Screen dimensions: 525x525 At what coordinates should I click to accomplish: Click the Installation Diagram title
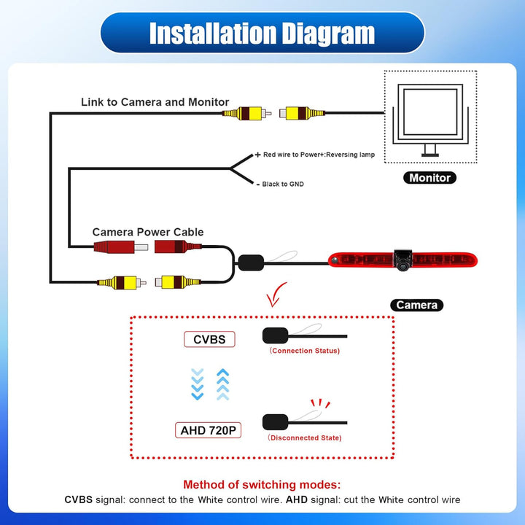click(x=262, y=33)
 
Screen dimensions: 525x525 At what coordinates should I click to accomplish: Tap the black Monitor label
click(x=429, y=178)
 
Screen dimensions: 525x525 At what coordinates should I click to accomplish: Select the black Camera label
click(x=416, y=305)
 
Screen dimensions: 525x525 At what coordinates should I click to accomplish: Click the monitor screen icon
click(x=431, y=120)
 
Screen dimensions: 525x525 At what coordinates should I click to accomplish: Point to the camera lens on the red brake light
click(x=402, y=266)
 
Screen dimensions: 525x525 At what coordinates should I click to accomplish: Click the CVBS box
click(x=209, y=340)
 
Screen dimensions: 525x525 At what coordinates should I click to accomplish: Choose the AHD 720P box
click(x=208, y=430)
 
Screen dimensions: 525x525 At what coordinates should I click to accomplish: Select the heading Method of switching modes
click(x=262, y=484)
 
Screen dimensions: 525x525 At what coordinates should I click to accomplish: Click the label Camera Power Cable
click(x=147, y=232)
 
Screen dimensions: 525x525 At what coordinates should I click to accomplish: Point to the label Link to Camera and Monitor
click(x=155, y=102)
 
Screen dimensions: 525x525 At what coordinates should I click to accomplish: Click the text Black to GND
click(x=283, y=184)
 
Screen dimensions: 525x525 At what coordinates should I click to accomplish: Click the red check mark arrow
click(x=276, y=295)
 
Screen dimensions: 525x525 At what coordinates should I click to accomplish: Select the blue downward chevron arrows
click(x=197, y=384)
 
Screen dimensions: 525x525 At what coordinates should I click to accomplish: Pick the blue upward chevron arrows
click(x=222, y=384)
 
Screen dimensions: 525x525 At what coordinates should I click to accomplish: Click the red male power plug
click(x=121, y=247)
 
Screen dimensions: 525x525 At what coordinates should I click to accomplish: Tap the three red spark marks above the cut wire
click(x=320, y=403)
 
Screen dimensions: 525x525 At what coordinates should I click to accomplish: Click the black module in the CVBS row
click(x=275, y=335)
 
